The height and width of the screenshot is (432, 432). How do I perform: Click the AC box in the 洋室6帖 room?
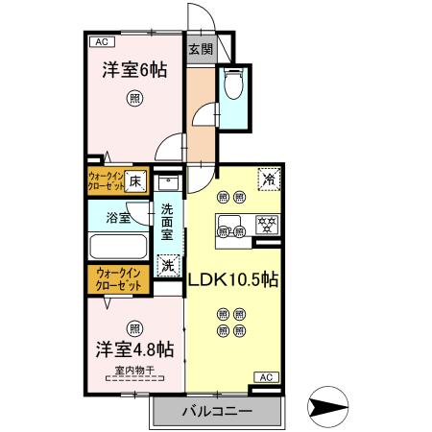pyautogui.click(x=100, y=41)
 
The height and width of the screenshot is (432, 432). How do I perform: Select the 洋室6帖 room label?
pyautogui.click(x=133, y=69)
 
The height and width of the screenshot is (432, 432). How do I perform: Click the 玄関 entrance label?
pyautogui.click(x=200, y=49)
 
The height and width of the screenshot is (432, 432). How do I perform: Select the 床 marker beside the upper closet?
pyautogui.click(x=135, y=180)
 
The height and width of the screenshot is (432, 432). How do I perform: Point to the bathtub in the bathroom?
pyautogui.click(x=117, y=247)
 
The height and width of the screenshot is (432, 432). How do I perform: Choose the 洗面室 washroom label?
pyautogui.click(x=167, y=222)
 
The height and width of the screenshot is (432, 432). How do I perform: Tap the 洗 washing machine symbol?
pyautogui.click(x=168, y=264)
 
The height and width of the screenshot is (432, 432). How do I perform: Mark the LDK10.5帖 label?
pyautogui.click(x=232, y=282)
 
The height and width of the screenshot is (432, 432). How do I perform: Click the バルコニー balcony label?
pyautogui.click(x=217, y=411)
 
